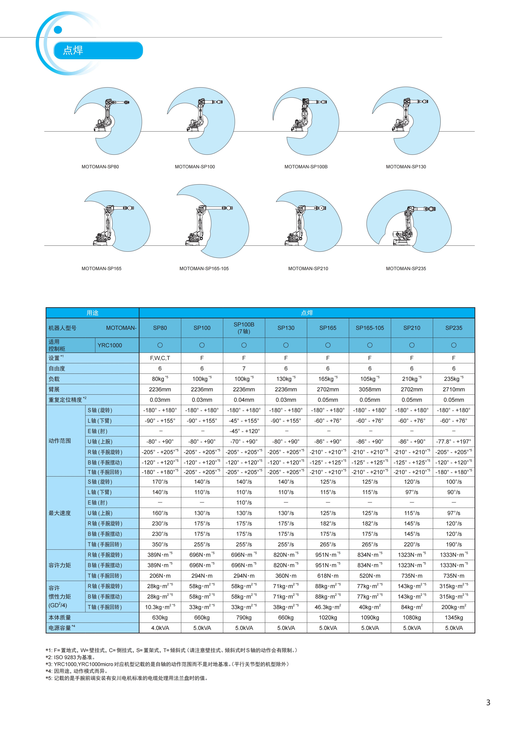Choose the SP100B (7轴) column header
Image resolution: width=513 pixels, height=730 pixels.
(x=244, y=328)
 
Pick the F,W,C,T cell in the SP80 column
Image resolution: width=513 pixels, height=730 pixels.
(x=160, y=358)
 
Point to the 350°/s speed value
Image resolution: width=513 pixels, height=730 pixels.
(x=160, y=544)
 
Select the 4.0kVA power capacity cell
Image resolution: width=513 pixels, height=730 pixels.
(x=160, y=628)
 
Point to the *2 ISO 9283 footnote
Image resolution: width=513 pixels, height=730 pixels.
(x=71, y=657)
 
